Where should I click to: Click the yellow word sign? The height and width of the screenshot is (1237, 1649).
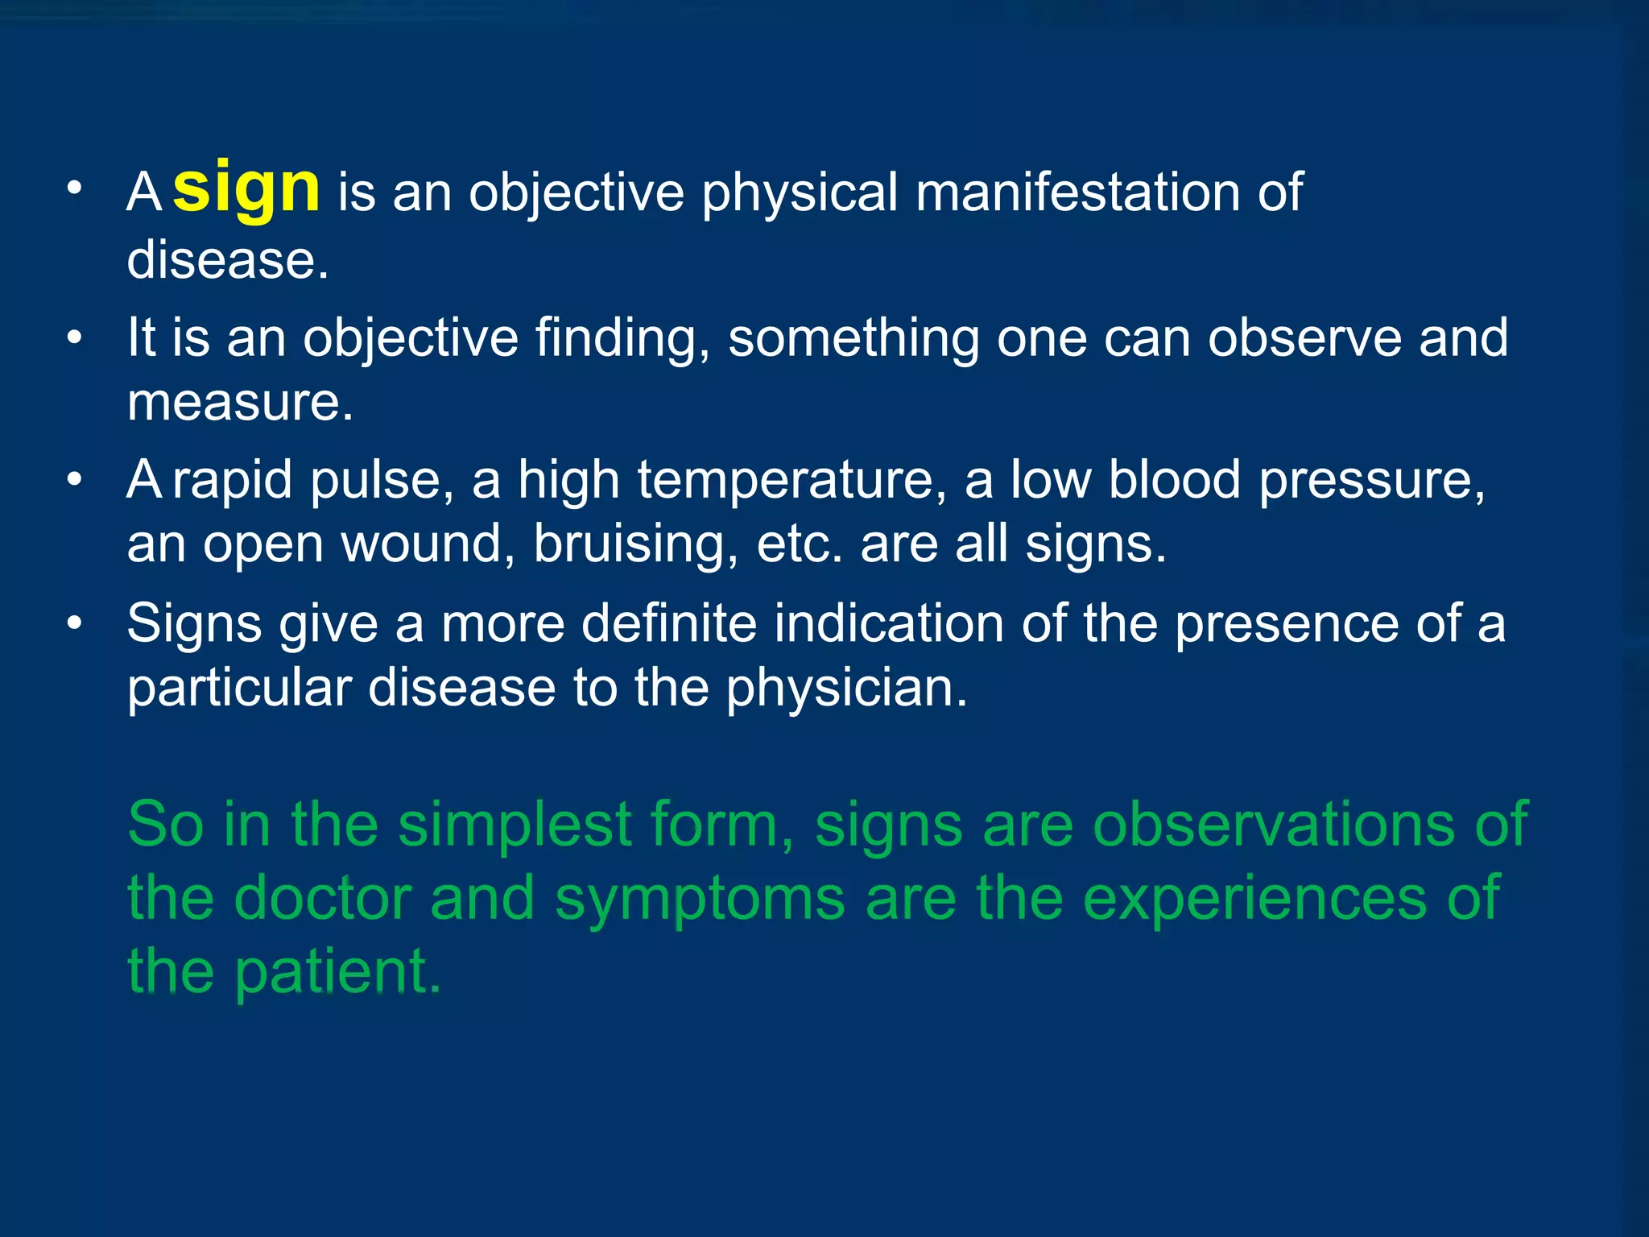tap(246, 189)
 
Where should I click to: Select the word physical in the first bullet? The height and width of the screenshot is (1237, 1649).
tap(799, 194)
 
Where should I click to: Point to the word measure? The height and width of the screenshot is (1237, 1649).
tap(239, 402)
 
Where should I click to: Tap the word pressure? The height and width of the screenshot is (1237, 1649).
tap(1371, 481)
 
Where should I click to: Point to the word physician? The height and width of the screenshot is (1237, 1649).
tap(846, 689)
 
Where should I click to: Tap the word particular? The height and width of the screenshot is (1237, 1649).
tap(239, 689)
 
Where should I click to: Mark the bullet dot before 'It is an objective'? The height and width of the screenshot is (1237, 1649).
tap(75, 337)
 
